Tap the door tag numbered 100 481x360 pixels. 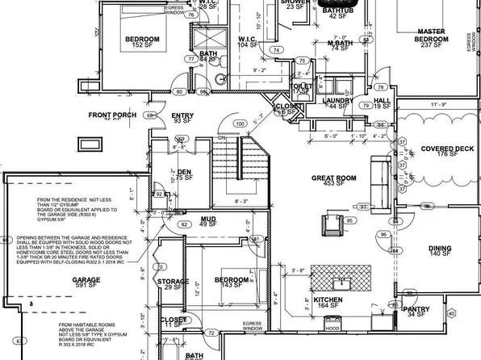pyautogui.click(x=239, y=123)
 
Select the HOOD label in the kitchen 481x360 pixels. pyautogui.click(x=330, y=329)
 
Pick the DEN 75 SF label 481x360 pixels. pyautogui.click(x=185, y=175)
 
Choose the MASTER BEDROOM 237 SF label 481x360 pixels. pyautogui.click(x=431, y=37)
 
